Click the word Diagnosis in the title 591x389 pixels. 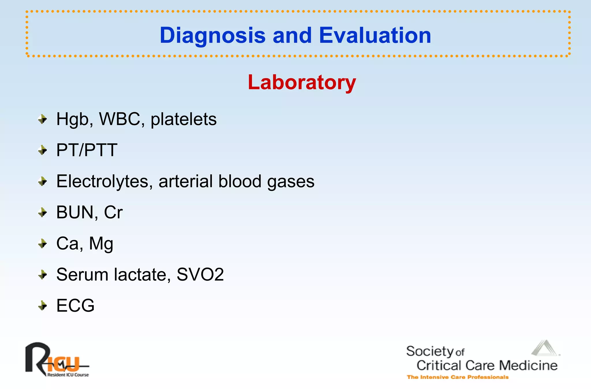click(x=212, y=35)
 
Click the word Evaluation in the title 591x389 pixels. click(x=375, y=35)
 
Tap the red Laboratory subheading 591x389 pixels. click(x=302, y=82)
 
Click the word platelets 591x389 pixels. click(x=184, y=119)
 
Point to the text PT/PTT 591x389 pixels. click(x=87, y=150)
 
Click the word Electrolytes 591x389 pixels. click(x=102, y=182)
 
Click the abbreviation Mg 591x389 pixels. click(x=101, y=244)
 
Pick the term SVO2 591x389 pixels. click(x=200, y=274)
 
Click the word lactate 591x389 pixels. click(x=140, y=274)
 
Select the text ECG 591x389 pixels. click(x=75, y=305)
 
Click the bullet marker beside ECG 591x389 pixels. click(x=43, y=305)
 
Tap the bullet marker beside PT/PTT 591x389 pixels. click(x=43, y=150)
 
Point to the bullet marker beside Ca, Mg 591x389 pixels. click(x=43, y=244)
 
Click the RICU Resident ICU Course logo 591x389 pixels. click(x=57, y=360)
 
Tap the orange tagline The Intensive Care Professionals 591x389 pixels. click(x=457, y=377)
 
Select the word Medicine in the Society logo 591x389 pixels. click(x=528, y=365)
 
